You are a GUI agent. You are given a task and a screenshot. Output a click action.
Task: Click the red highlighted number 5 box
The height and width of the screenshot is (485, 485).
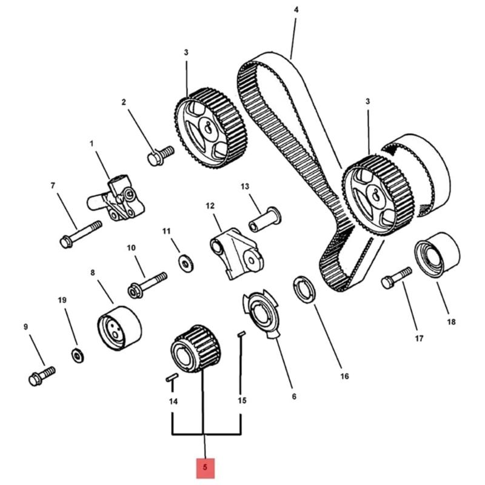coord(205,467)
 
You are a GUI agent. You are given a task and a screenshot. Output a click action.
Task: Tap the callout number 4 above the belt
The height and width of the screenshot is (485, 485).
coord(296,10)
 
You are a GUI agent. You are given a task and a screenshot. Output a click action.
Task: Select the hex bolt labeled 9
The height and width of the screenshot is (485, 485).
coord(42,376)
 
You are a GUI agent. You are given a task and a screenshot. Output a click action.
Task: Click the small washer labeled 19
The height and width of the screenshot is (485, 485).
coord(78,356)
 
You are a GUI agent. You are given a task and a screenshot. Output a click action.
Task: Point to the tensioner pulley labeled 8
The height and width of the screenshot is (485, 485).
coord(119,328)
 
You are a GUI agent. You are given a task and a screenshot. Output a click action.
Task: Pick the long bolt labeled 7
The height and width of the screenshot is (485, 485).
coord(81,234)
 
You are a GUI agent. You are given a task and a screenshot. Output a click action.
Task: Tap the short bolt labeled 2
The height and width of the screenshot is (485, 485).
coord(161,156)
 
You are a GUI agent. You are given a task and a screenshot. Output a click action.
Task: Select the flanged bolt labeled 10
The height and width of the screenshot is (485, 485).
coord(147,285)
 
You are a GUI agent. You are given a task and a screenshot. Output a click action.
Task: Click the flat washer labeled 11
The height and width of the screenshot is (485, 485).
coord(186,264)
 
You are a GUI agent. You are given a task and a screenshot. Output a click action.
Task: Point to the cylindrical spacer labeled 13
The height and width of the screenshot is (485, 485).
coord(265,219)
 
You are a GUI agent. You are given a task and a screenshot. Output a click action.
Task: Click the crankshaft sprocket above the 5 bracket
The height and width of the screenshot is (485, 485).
coord(196,349)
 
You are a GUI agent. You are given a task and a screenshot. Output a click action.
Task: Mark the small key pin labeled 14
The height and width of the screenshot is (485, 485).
coord(172,378)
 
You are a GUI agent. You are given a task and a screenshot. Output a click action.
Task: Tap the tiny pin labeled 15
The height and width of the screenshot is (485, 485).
coord(241,334)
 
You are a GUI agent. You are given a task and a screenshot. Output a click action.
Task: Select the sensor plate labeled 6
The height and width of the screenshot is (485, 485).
coord(261,313)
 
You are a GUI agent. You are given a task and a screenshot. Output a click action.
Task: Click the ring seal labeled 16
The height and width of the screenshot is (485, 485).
coord(304,290)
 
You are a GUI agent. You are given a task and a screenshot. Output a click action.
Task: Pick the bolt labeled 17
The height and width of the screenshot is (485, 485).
coord(396,278)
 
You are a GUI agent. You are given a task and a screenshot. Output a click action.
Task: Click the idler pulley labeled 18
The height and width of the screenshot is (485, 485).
coord(436,255)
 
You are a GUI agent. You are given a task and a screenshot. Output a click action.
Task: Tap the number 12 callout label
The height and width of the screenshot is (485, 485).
coord(210,206)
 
